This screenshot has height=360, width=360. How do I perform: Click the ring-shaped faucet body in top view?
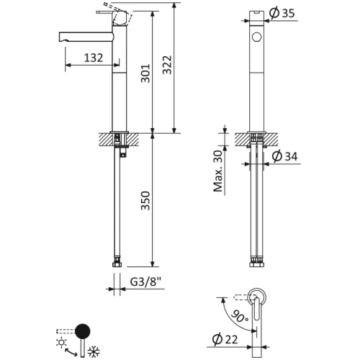(256, 299)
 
